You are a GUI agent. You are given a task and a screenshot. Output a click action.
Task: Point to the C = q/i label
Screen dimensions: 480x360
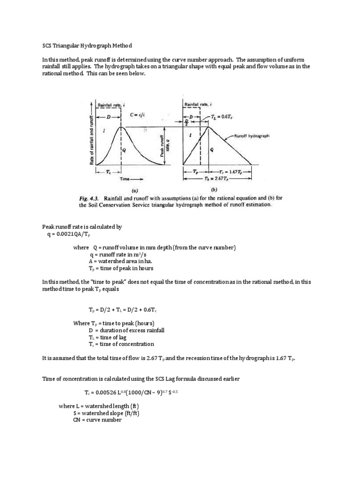[x=141, y=113]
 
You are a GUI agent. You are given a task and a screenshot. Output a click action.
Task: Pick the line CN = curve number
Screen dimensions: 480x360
[x=97, y=420]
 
